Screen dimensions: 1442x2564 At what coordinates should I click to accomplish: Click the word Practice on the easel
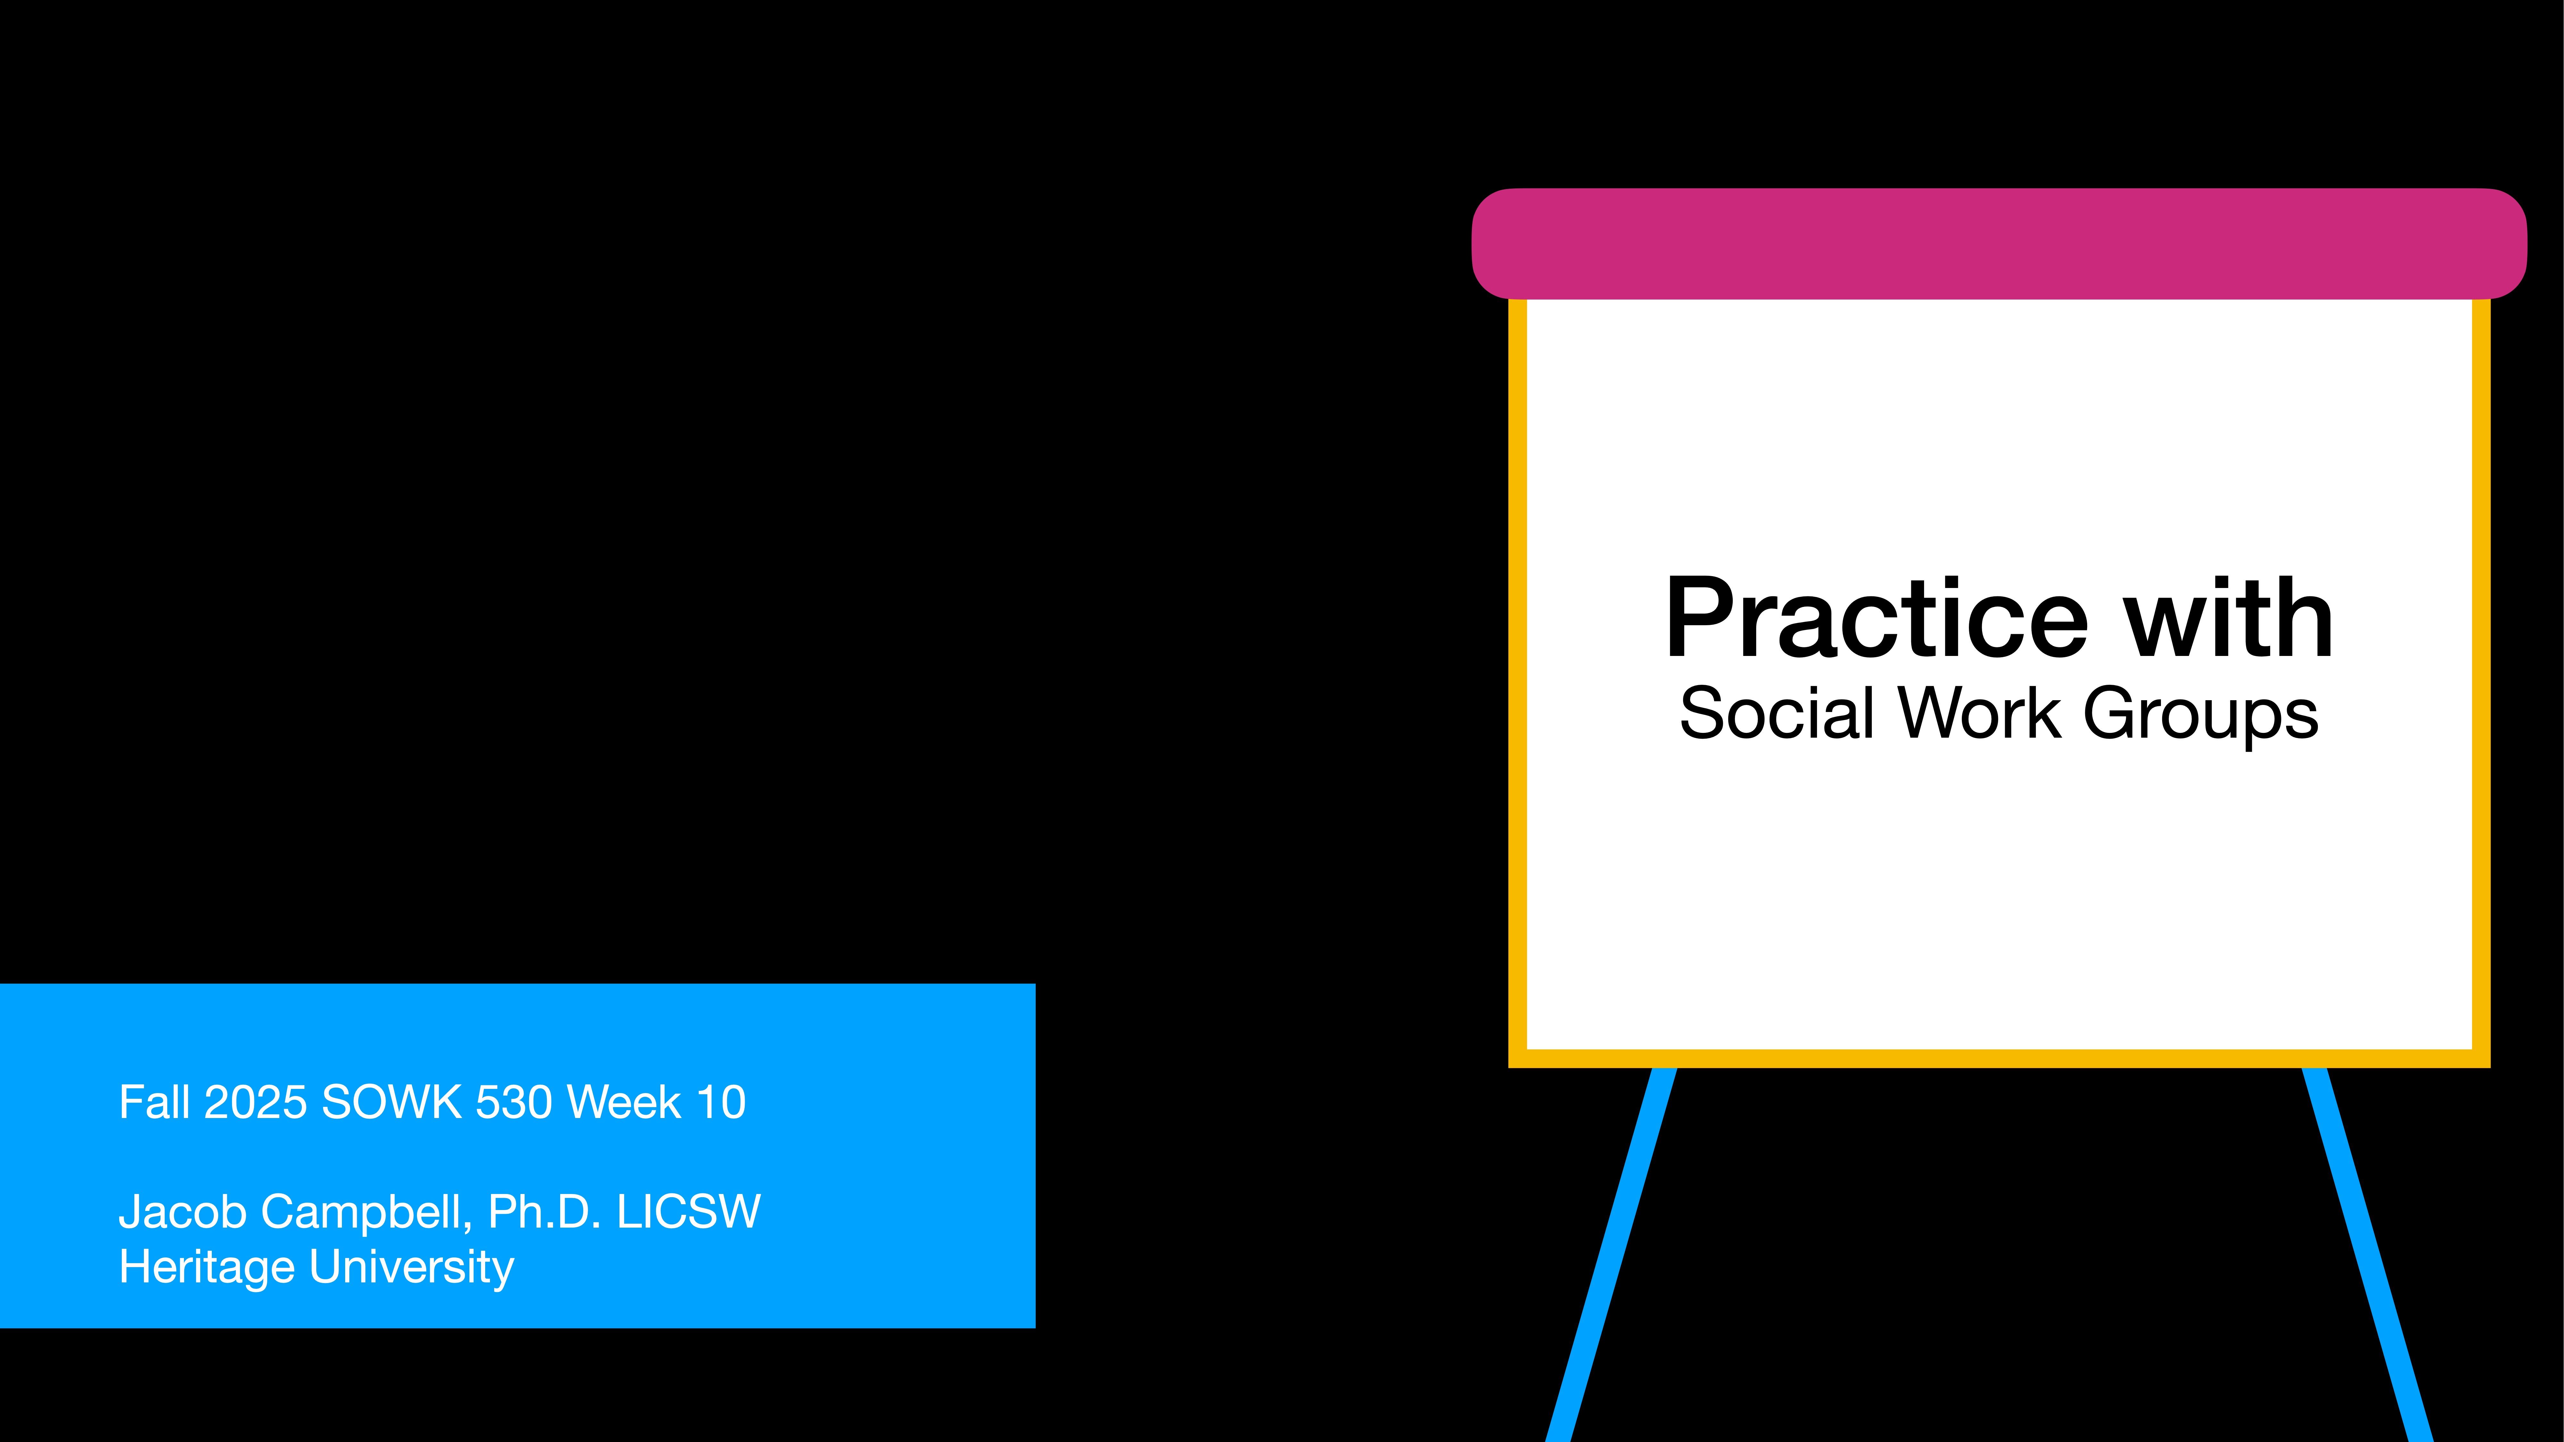[1876, 619]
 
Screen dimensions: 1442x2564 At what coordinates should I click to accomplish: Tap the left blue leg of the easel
[1613, 1254]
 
